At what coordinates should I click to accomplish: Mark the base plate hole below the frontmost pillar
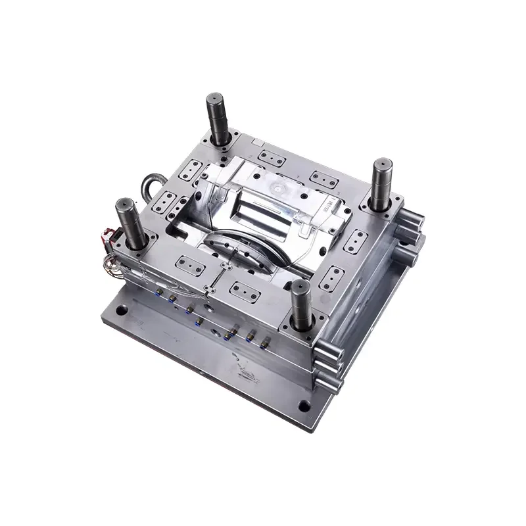click(303, 404)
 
